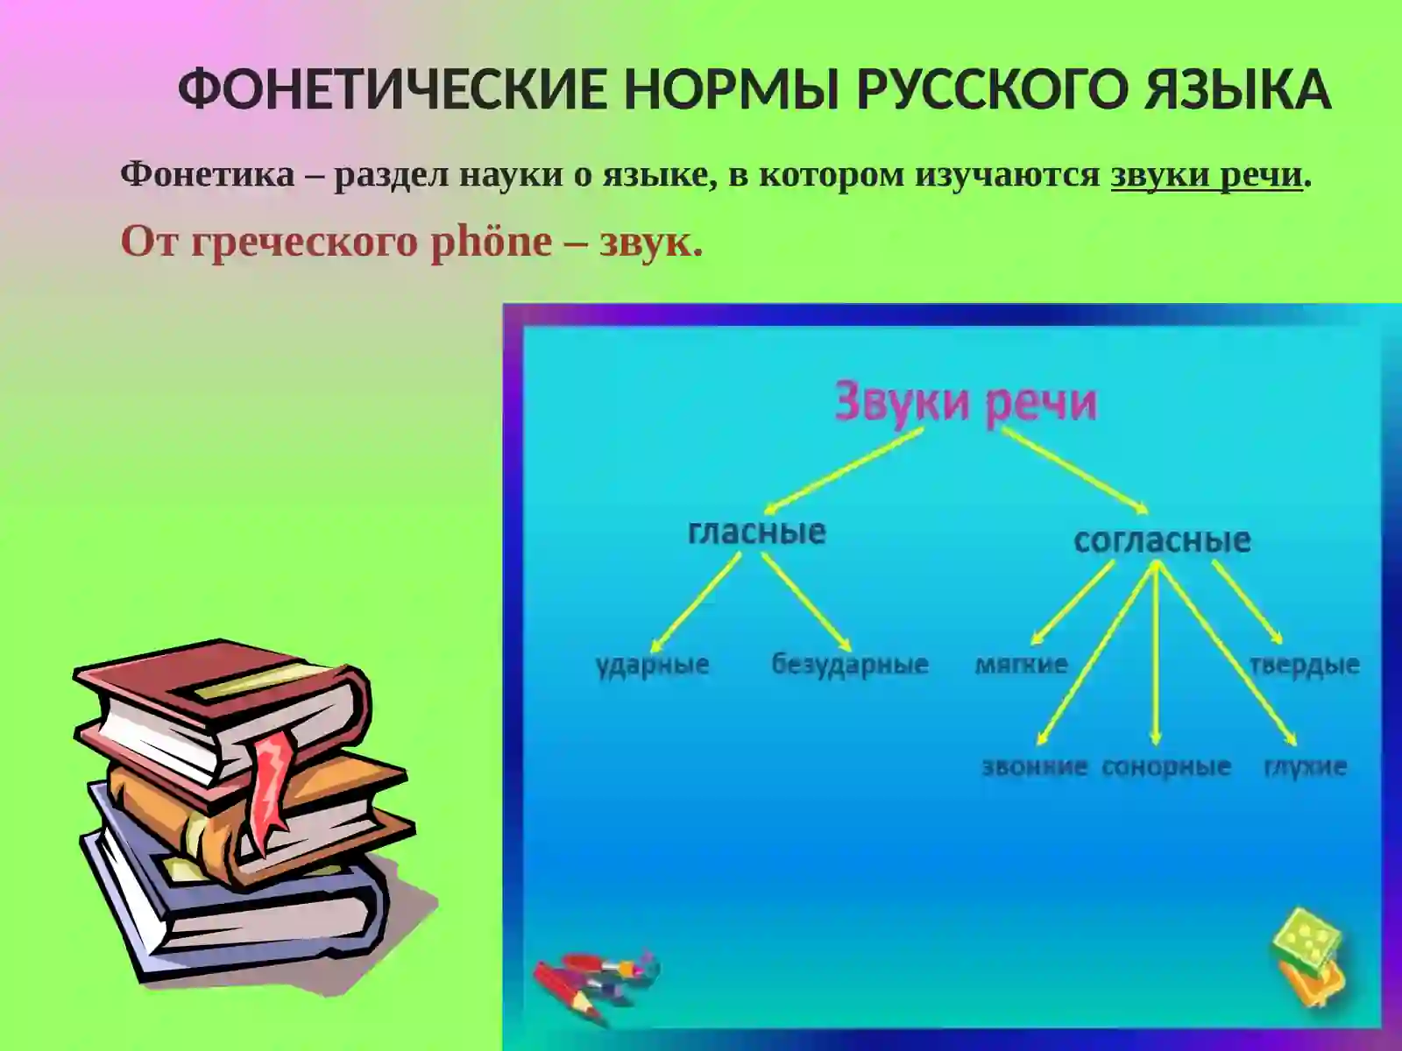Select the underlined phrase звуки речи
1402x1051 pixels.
point(1207,174)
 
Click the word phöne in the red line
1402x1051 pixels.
point(491,242)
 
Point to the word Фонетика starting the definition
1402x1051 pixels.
point(208,174)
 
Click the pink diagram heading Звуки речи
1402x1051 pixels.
point(965,403)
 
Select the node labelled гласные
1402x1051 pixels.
point(756,532)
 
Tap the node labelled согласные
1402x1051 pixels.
point(1162,540)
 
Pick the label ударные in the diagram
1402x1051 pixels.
point(652,665)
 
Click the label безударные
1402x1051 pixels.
point(849,665)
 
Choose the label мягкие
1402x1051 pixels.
point(1022,665)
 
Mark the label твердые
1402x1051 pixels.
point(1304,665)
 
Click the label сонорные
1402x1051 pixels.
point(1165,767)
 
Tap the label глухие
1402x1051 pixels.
point(1305,767)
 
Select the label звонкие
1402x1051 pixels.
point(1034,767)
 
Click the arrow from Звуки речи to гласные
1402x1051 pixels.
point(846,470)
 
